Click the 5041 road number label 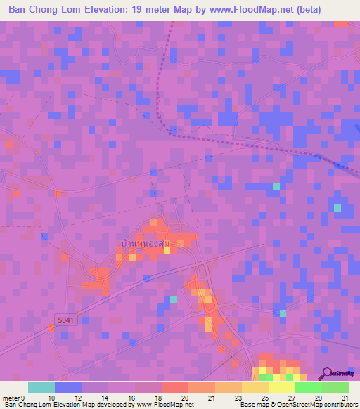[x=65, y=320]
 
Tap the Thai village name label [x=145, y=243]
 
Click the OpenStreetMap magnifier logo [x=328, y=372]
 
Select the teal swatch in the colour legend [x=41, y=387]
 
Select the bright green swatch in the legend [x=308, y=387]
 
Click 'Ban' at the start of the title [x=19, y=10]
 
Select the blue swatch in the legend [x=67, y=387]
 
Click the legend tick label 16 [x=131, y=398]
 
